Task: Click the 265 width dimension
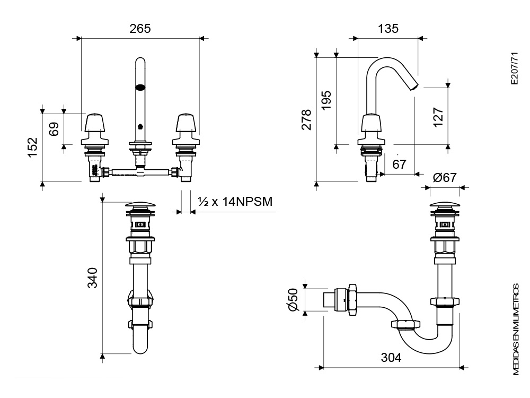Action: coord(140,29)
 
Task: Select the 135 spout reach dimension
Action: coord(388,29)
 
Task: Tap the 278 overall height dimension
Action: coord(306,119)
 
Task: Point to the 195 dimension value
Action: coord(326,100)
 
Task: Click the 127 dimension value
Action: coord(438,117)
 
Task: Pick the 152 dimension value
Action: coord(32,147)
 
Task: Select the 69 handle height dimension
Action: coord(54,129)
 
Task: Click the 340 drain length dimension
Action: coord(92,278)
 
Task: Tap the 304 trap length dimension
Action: coord(391,357)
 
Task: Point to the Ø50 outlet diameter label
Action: coord(293,299)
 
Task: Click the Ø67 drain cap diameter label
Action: coord(445,177)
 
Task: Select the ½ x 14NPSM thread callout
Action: coord(235,202)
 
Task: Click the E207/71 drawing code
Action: coord(514,68)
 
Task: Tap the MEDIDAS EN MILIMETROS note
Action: coord(516,330)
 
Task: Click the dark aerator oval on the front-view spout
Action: coord(140,88)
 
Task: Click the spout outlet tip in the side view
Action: coord(415,87)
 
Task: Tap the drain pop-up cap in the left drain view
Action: coord(140,205)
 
